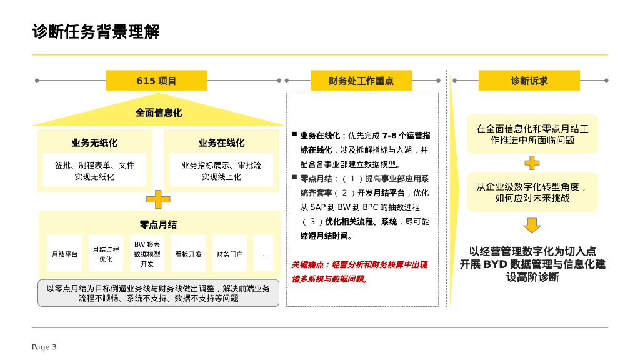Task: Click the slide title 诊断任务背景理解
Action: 96,32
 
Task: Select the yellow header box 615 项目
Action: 156,81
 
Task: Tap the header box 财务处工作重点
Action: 361,81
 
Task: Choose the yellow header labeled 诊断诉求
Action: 529,81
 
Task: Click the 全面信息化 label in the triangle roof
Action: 159,113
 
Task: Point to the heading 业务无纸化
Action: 94,143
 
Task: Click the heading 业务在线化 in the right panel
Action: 222,143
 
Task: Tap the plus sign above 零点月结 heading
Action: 158,199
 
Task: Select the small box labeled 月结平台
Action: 64,254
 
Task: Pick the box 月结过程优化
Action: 106,254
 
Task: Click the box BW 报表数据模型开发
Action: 147,254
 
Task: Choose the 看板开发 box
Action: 188,254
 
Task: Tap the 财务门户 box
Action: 229,254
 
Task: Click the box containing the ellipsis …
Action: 263,254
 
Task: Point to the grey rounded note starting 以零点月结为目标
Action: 158,293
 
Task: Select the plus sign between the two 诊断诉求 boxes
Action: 532,163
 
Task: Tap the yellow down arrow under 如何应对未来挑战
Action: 532,225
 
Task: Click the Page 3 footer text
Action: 44,347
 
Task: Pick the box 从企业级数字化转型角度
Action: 532,192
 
